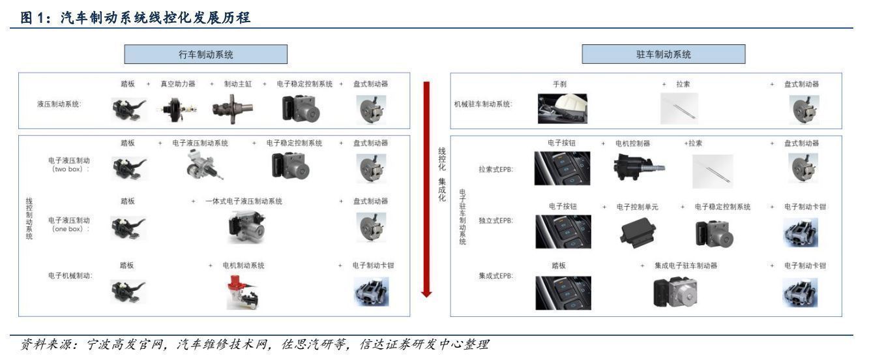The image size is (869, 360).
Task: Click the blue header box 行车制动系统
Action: (206, 53)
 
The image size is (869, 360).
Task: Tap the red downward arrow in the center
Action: (427, 189)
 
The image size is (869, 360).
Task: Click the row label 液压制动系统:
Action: (59, 104)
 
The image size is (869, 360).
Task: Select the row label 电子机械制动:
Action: (70, 275)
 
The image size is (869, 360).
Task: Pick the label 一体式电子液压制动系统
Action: (244, 202)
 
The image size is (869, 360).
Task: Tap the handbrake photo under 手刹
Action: (563, 108)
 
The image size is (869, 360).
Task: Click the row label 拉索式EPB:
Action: (495, 169)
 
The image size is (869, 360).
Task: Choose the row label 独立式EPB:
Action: (495, 220)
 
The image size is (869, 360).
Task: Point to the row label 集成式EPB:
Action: (495, 275)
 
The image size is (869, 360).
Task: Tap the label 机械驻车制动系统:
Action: (483, 104)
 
